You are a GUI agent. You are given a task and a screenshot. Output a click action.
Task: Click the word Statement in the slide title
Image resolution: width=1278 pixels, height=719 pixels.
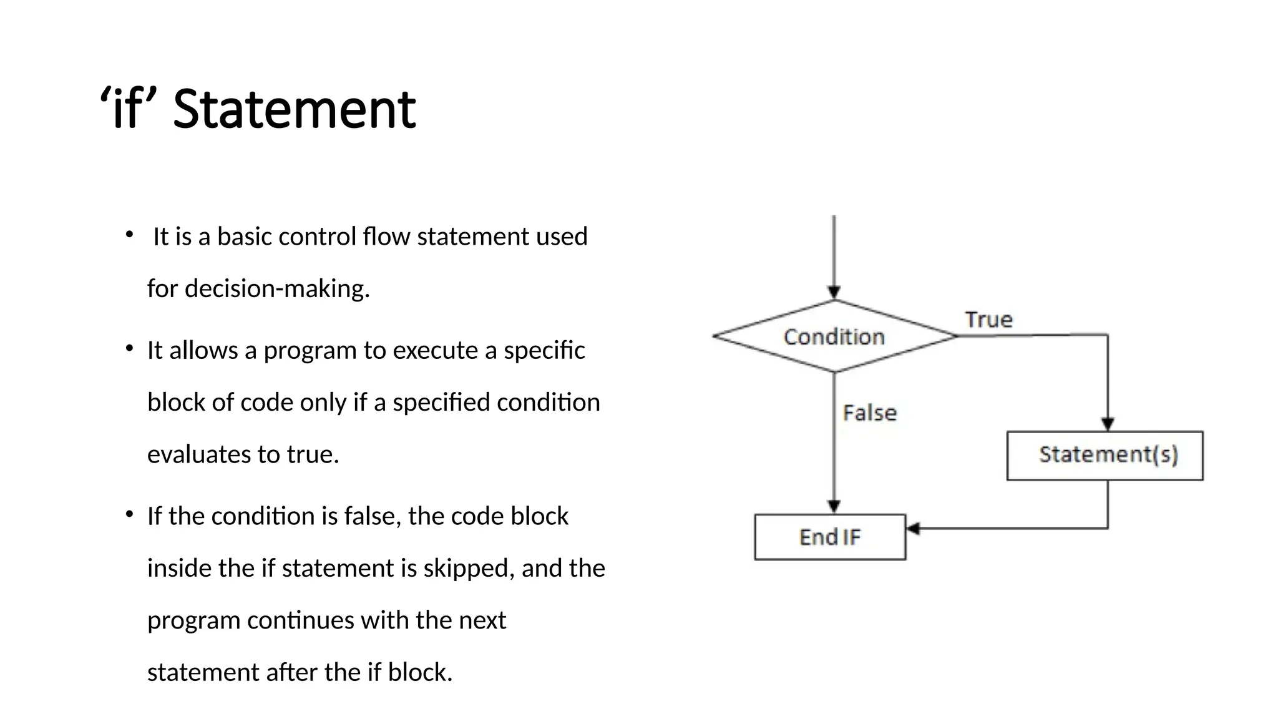[x=294, y=110]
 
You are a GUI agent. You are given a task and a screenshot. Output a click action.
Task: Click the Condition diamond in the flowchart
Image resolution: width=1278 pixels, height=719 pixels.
[x=834, y=336]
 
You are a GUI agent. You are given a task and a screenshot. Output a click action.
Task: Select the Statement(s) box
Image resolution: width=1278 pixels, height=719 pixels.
[x=1105, y=455]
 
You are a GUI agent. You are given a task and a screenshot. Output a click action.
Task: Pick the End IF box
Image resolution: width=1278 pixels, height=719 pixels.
[x=829, y=537]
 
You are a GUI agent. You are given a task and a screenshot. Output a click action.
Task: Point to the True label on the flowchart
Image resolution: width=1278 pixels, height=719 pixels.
[x=988, y=320]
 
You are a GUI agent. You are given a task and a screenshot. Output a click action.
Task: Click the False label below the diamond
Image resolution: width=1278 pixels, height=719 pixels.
[x=869, y=413]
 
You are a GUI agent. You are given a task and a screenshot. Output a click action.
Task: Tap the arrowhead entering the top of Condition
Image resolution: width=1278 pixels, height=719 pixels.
[x=834, y=292]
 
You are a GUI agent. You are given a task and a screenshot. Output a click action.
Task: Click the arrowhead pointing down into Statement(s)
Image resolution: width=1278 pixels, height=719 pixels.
[x=1108, y=424]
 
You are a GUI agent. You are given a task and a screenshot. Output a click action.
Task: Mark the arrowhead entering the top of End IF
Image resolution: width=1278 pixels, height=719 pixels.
[x=834, y=506]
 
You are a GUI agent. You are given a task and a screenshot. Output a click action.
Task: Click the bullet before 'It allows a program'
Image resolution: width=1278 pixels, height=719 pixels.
[x=129, y=348]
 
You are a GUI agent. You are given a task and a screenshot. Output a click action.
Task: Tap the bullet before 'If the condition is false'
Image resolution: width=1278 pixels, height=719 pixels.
[x=129, y=514]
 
